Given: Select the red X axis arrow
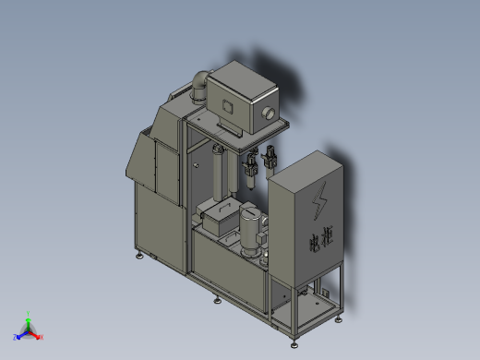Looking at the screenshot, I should pos(40,336).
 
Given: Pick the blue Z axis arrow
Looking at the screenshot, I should pos(18,337).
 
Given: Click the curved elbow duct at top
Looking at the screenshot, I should pos(199,87).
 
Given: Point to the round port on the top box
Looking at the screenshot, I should pos(270,114).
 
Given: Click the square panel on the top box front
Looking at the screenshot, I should pos(226,108).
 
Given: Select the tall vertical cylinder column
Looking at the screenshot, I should pos(219,175).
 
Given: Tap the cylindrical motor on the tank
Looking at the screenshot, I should pos(250,231).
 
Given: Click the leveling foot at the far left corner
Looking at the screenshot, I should pos(140,256).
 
